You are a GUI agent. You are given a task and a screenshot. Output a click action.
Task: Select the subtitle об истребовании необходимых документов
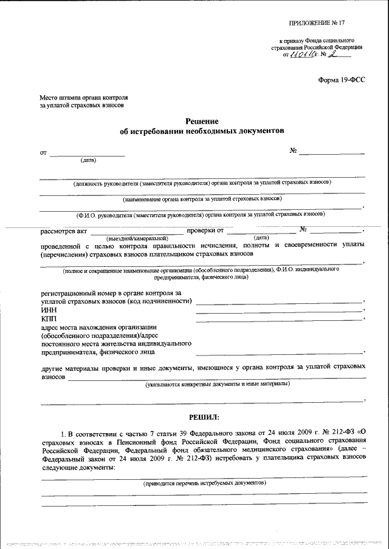202,131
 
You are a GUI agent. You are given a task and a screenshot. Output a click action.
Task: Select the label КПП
49,318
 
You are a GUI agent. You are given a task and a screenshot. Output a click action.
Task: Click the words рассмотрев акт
64,231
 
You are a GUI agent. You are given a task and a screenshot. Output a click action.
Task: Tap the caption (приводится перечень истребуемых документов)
204,484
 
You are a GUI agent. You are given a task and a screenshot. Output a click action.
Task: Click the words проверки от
205,231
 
